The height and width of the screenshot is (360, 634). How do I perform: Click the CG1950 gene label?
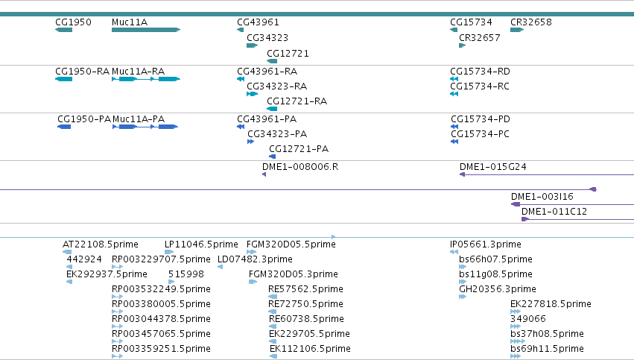pos(73,22)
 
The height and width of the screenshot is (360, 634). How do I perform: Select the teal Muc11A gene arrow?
pos(146,30)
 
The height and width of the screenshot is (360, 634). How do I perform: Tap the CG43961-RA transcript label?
pos(267,72)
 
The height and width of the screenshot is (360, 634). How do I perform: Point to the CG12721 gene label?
pos(288,54)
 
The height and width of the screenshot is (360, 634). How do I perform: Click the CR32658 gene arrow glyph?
pos(517,30)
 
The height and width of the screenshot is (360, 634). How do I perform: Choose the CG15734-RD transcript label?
pos(480,72)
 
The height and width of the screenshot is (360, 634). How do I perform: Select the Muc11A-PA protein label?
pos(139,119)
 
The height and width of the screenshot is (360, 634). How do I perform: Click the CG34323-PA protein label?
pos(277,134)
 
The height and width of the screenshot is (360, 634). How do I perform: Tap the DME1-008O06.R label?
pos(300,167)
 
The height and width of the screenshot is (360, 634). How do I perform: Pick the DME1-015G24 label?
pos(493,167)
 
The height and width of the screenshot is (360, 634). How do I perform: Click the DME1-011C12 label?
pos(554,212)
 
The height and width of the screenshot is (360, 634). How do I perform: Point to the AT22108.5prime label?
pos(101,244)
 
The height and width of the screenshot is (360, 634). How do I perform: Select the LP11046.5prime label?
pos(201,244)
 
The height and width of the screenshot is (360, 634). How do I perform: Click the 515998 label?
pos(186,274)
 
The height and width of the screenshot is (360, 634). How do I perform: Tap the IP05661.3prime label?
pos(486,244)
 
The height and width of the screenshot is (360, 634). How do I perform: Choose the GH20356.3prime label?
pos(498,289)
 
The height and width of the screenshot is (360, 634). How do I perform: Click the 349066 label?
pos(528,319)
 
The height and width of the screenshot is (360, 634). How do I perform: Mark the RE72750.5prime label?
pos(305,304)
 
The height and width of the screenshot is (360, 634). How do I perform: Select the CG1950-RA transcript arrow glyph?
pos(64,79)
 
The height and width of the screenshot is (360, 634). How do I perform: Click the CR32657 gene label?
pos(480,38)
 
